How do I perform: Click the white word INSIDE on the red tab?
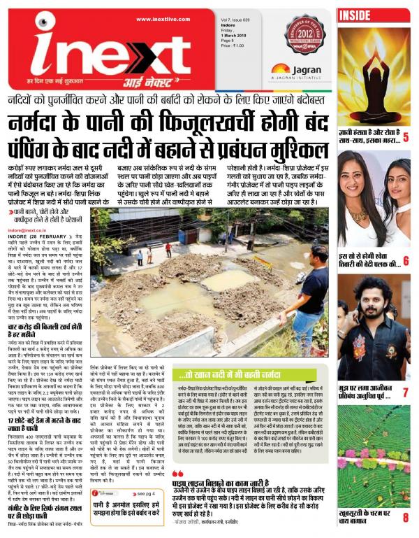(x=356, y=14)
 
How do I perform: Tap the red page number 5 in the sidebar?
(x=405, y=136)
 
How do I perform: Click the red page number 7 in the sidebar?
(x=405, y=393)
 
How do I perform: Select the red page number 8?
(x=405, y=518)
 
